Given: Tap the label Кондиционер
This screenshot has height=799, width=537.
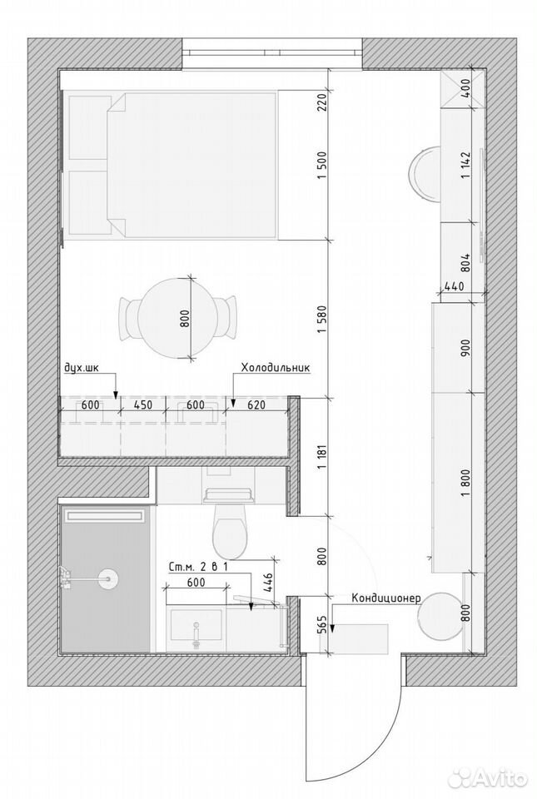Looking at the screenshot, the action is click(385, 598).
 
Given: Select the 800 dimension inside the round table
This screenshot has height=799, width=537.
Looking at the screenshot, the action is click(185, 319).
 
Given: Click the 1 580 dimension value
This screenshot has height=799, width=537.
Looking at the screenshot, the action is click(321, 319).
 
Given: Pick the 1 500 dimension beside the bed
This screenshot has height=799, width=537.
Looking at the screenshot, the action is click(321, 166).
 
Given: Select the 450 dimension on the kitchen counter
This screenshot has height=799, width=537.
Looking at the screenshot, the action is click(143, 405).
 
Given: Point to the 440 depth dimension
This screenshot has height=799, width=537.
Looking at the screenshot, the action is click(454, 286).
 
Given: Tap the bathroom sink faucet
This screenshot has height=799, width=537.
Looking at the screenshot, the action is click(195, 632).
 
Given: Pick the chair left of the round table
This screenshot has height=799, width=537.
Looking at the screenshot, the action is click(129, 318).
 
